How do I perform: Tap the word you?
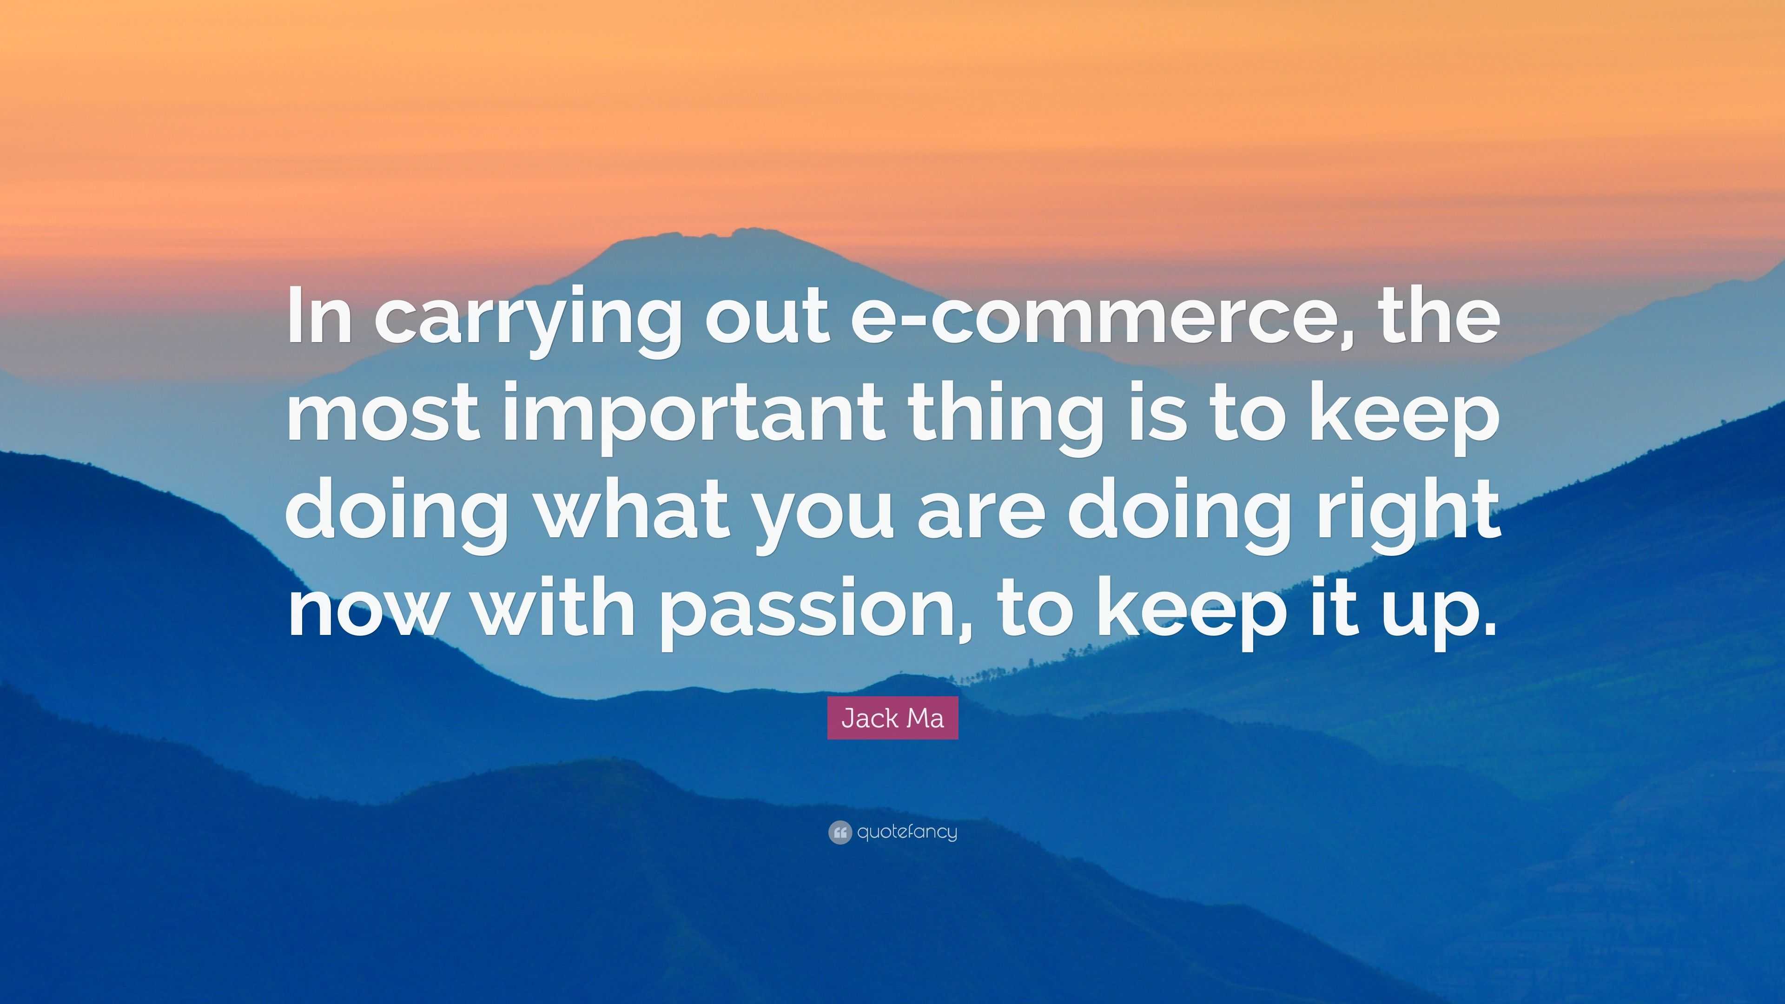pyautogui.click(x=825, y=520)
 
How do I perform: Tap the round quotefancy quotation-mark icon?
pyautogui.click(x=839, y=832)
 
